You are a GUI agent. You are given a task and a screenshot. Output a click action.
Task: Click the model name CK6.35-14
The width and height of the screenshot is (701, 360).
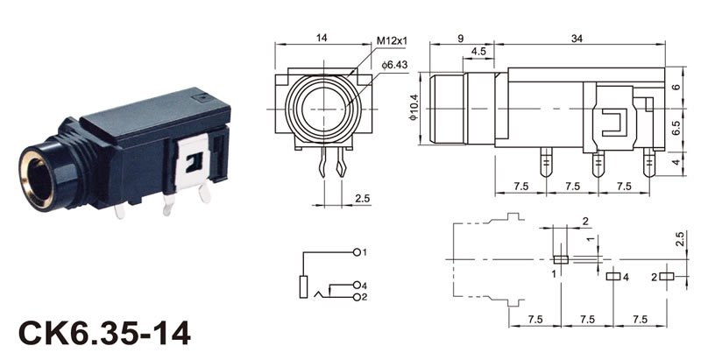(x=104, y=333)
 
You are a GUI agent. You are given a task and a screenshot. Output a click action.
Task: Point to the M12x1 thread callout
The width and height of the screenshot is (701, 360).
(x=392, y=40)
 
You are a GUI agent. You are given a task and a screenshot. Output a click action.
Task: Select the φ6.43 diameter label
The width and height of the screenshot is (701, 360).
(x=395, y=65)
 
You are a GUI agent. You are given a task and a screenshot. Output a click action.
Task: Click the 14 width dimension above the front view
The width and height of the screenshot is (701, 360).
(x=322, y=38)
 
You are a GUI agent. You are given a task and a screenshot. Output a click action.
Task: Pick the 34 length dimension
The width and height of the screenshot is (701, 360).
(x=577, y=39)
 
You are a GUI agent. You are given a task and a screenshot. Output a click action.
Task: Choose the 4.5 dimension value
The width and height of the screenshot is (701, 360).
(x=478, y=52)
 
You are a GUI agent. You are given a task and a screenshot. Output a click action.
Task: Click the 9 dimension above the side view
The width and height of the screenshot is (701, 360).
(x=461, y=39)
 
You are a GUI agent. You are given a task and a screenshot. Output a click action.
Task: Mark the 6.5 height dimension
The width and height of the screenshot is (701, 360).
(x=676, y=128)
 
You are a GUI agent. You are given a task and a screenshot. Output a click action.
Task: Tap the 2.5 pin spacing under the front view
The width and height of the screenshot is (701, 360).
(x=363, y=198)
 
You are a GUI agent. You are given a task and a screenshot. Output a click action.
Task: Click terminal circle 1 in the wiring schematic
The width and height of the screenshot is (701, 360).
(x=357, y=252)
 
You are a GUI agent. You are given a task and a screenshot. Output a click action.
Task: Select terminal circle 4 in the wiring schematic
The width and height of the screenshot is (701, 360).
(x=357, y=285)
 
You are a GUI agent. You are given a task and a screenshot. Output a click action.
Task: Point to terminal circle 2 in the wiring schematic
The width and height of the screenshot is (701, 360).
(x=357, y=297)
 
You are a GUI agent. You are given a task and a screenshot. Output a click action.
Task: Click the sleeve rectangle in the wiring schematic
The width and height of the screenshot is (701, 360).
(x=303, y=286)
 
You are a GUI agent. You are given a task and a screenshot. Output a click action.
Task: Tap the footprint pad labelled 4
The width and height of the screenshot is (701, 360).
(x=613, y=277)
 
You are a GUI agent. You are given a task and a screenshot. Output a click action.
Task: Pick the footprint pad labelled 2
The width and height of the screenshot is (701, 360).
(x=667, y=277)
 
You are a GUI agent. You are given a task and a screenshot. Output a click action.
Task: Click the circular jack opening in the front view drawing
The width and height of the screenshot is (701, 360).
(x=322, y=109)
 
